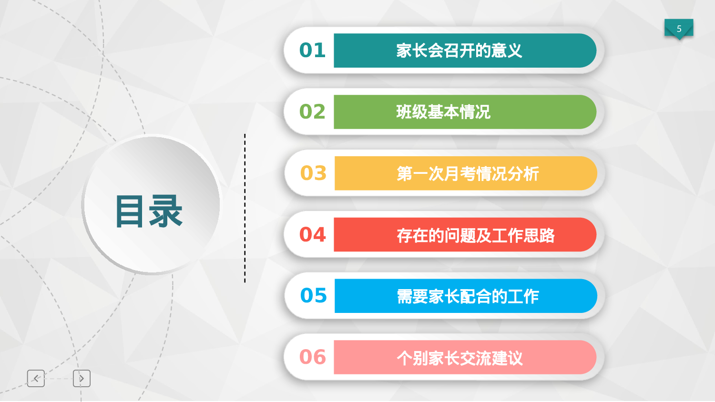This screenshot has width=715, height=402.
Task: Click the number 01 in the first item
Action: [x=312, y=50]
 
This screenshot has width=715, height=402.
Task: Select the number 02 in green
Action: [x=312, y=112]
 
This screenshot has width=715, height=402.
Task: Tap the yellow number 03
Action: [x=313, y=173]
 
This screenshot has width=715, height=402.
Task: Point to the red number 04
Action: [x=312, y=235]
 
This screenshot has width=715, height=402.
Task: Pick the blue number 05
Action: [x=313, y=296]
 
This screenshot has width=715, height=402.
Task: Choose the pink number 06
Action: [x=312, y=357]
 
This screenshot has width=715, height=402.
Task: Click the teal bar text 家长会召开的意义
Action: [x=459, y=50]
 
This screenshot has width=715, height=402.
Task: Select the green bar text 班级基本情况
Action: [x=443, y=112]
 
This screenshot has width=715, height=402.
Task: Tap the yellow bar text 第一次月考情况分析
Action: [x=468, y=174]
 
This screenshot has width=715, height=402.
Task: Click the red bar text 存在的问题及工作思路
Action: [x=475, y=235]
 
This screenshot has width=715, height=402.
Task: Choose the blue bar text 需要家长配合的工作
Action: [x=468, y=296]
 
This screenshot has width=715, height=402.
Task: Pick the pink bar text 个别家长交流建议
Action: [x=460, y=358]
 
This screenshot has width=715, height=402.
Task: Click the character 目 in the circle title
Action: [x=129, y=211]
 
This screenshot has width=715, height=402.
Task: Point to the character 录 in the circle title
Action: [x=166, y=211]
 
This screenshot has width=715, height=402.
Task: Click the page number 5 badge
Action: [x=679, y=29]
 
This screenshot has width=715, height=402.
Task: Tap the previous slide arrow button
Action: [x=36, y=378]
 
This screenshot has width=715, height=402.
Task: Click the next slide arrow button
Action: [x=82, y=378]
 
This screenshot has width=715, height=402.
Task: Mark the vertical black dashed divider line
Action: [x=245, y=208]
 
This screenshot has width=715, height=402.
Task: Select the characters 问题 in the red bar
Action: [x=460, y=235]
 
